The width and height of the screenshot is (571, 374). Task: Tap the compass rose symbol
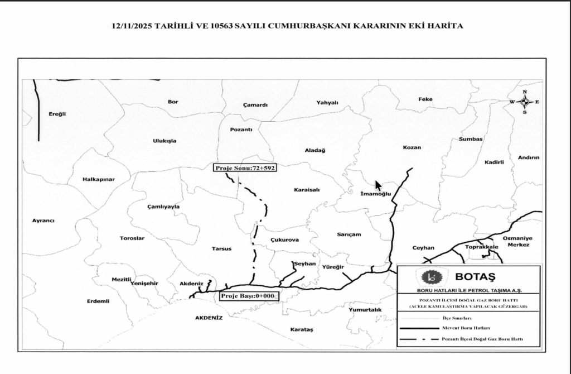pyautogui.click(x=524, y=102)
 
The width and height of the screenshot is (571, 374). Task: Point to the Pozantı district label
pyautogui.click(x=241, y=130)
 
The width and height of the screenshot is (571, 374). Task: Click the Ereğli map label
pyautogui.click(x=57, y=114)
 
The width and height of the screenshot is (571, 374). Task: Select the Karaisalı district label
pyautogui.click(x=307, y=190)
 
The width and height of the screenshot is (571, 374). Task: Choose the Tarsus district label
pyautogui.click(x=221, y=248)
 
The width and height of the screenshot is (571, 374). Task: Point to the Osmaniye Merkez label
pyautogui.click(x=518, y=241)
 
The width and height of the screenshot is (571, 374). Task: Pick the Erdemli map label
pyautogui.click(x=98, y=301)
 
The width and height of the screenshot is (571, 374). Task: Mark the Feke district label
pyautogui.click(x=425, y=99)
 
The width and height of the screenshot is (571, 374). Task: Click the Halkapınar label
pyautogui.click(x=98, y=179)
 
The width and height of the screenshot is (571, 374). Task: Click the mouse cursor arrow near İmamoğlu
pyautogui.click(x=378, y=185)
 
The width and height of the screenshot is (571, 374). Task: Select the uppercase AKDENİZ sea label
pyautogui.click(x=209, y=318)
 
